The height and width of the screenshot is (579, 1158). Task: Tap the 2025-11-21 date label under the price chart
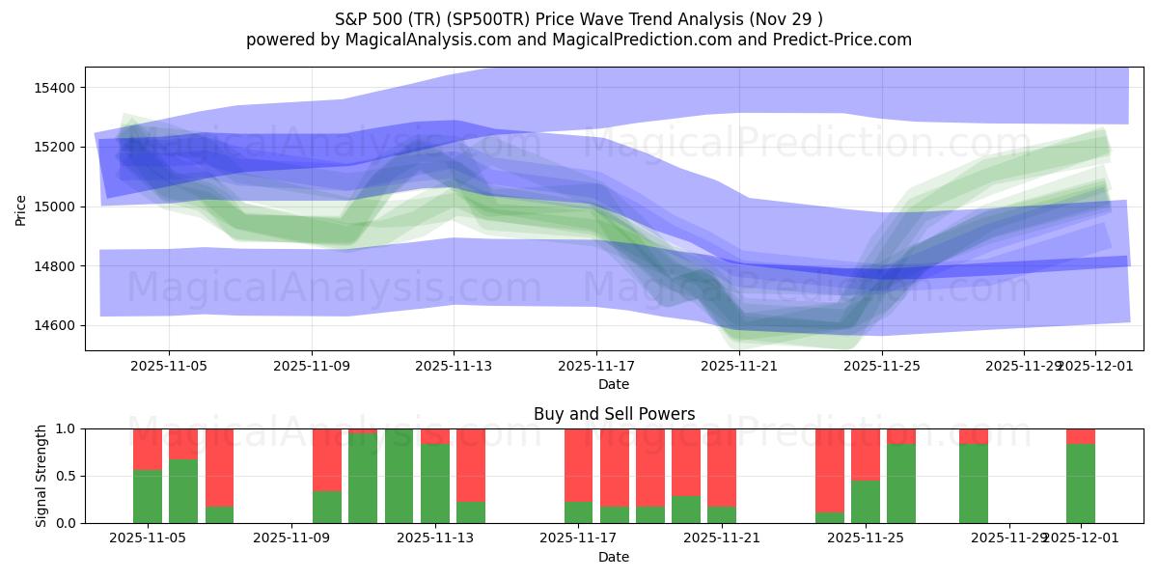738,366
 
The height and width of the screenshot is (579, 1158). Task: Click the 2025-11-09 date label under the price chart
312,366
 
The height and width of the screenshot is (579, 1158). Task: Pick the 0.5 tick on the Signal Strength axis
69,476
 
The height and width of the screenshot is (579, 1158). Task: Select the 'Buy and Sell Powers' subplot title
614,414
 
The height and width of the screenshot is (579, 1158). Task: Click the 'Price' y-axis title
21,208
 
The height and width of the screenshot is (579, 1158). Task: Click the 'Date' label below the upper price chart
614,384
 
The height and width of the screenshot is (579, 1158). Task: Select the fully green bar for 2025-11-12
399,476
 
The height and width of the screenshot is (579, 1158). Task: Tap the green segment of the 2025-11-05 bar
148,496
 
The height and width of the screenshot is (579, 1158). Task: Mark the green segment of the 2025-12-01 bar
1081,483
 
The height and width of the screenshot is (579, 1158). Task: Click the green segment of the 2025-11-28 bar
974,483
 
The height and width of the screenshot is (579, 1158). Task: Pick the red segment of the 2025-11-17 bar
578,465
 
